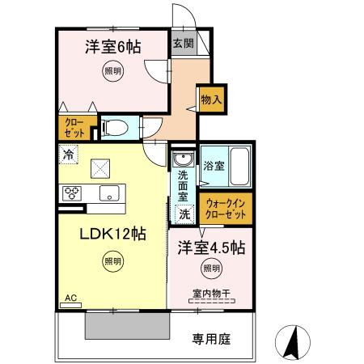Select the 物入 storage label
click(x=211, y=99)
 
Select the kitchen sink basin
click(x=108, y=193)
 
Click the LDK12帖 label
click(x=112, y=235)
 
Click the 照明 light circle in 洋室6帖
click(x=112, y=71)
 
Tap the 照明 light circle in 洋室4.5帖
click(x=210, y=269)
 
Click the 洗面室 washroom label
click(x=183, y=184)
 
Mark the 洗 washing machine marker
click(x=185, y=214)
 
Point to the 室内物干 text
click(x=212, y=293)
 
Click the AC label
click(x=71, y=298)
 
